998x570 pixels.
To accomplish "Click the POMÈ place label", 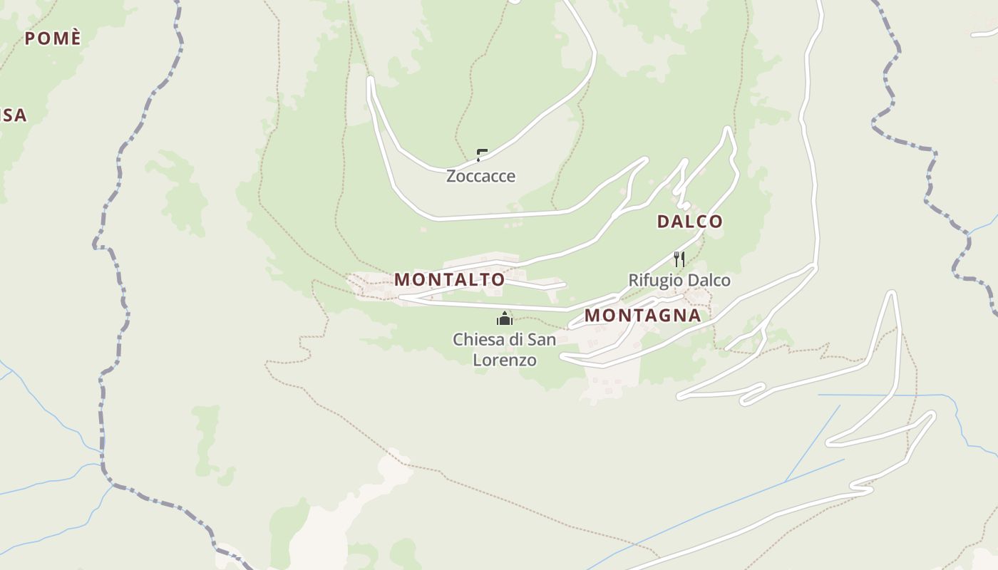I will click(x=53, y=38).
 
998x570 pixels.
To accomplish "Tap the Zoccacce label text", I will click(x=480, y=176).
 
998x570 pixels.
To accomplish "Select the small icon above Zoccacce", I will click(x=482, y=155).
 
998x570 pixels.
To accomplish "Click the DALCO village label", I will click(x=689, y=222).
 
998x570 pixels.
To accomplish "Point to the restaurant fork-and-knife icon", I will click(x=679, y=259).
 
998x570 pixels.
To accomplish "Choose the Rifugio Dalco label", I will click(x=679, y=281).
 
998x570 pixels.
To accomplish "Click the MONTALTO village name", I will click(x=449, y=279).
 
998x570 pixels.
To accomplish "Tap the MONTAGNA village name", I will click(x=642, y=315).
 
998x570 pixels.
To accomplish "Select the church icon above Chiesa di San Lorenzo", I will click(x=505, y=318).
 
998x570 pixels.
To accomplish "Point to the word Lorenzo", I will click(x=505, y=361).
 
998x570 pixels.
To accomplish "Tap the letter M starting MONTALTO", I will click(x=402, y=279).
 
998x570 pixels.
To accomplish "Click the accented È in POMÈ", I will click(x=76, y=38).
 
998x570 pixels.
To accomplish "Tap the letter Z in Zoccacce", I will click(x=451, y=176).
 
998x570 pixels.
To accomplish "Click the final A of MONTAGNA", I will click(x=694, y=315).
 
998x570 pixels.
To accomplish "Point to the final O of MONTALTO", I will click(x=498, y=279).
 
